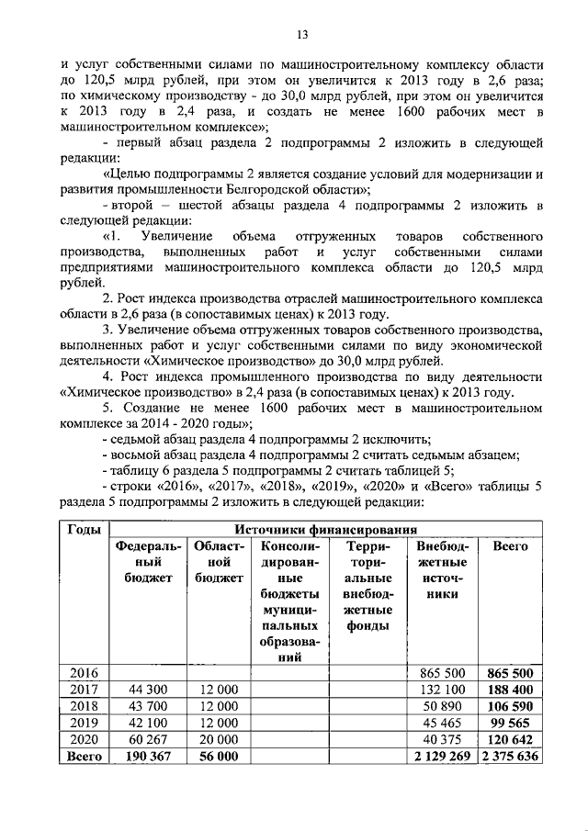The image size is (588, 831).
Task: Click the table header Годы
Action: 85,530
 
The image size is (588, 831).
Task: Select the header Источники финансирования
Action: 326,530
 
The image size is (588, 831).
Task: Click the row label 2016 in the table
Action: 85,673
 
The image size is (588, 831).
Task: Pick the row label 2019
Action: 85,723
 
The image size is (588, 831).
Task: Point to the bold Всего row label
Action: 85,756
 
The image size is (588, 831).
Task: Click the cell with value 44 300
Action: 148,690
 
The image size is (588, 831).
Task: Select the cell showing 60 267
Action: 148,739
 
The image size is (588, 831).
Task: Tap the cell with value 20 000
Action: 217,739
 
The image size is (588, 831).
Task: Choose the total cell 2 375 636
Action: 510,756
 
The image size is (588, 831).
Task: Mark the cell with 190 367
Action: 148,756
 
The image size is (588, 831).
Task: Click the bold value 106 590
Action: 510,706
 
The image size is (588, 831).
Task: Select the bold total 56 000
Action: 217,756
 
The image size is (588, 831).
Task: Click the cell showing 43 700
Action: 148,706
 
